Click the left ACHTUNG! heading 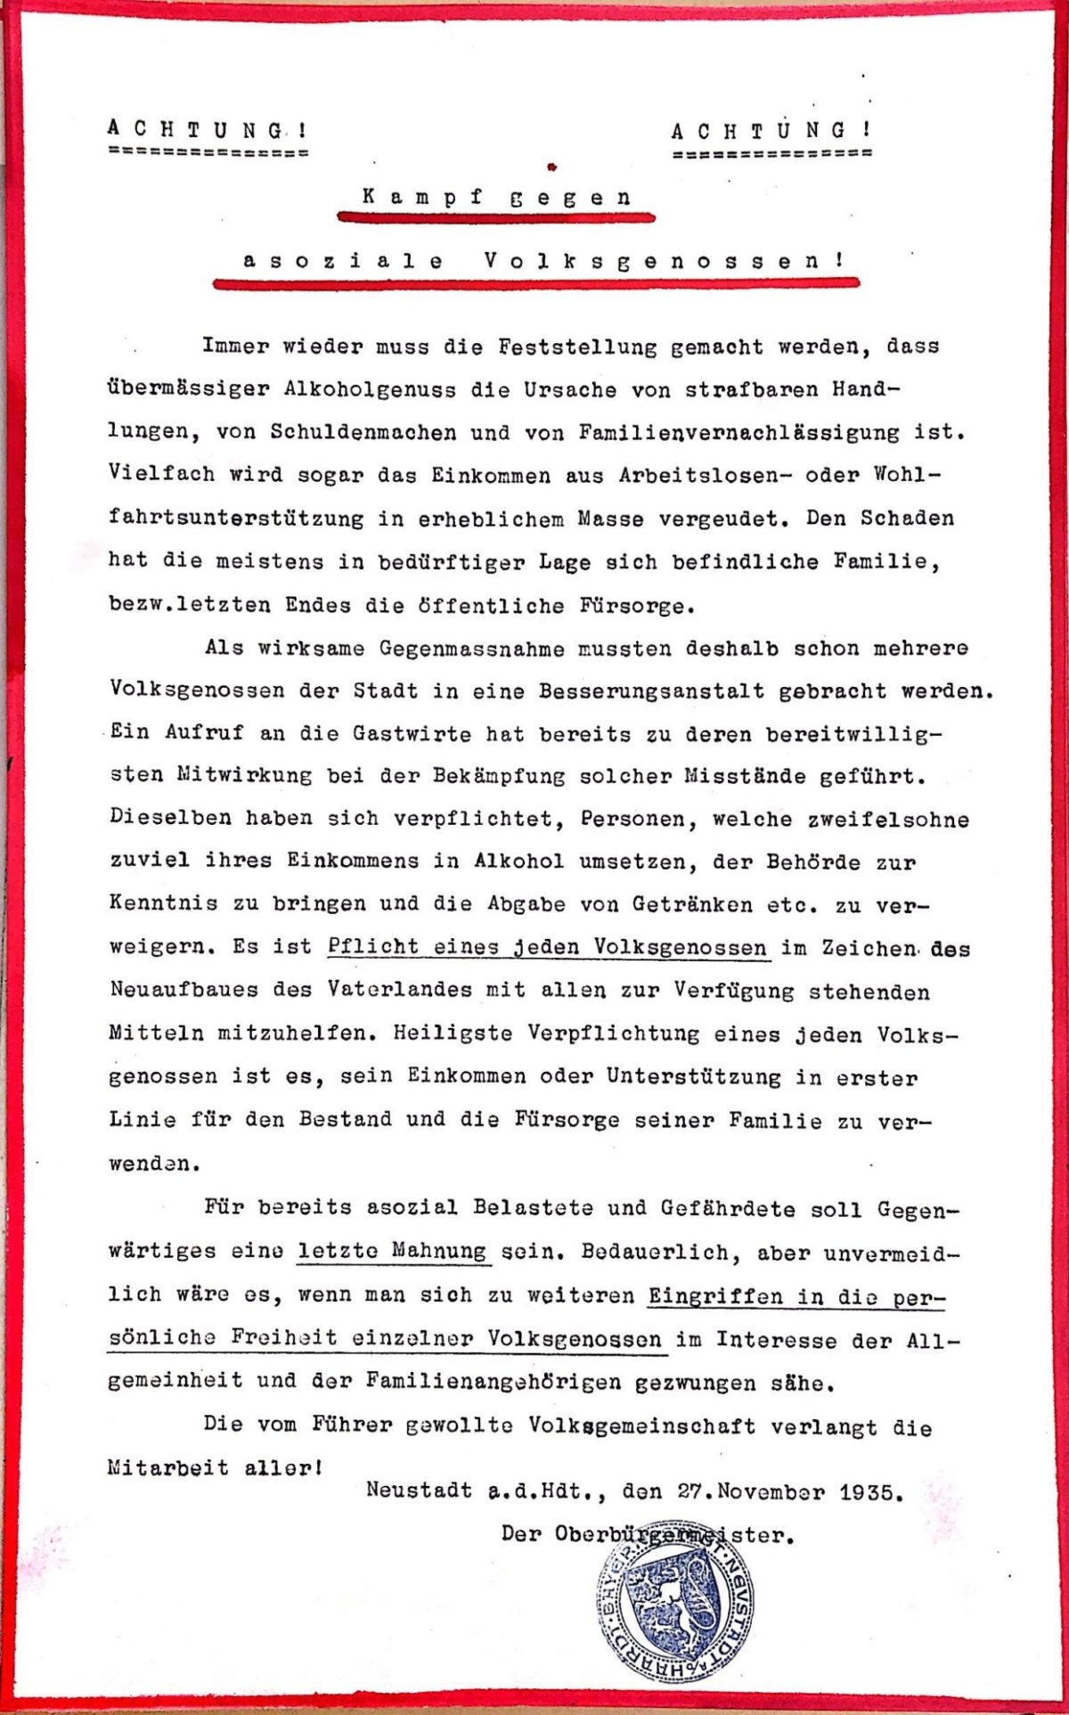(208, 128)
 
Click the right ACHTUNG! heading (771, 131)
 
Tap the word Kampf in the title (423, 197)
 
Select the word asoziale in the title (344, 260)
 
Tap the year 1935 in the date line (870, 1491)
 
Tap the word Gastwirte (411, 734)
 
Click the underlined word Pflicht (372, 946)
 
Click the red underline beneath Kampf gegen (495, 216)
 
